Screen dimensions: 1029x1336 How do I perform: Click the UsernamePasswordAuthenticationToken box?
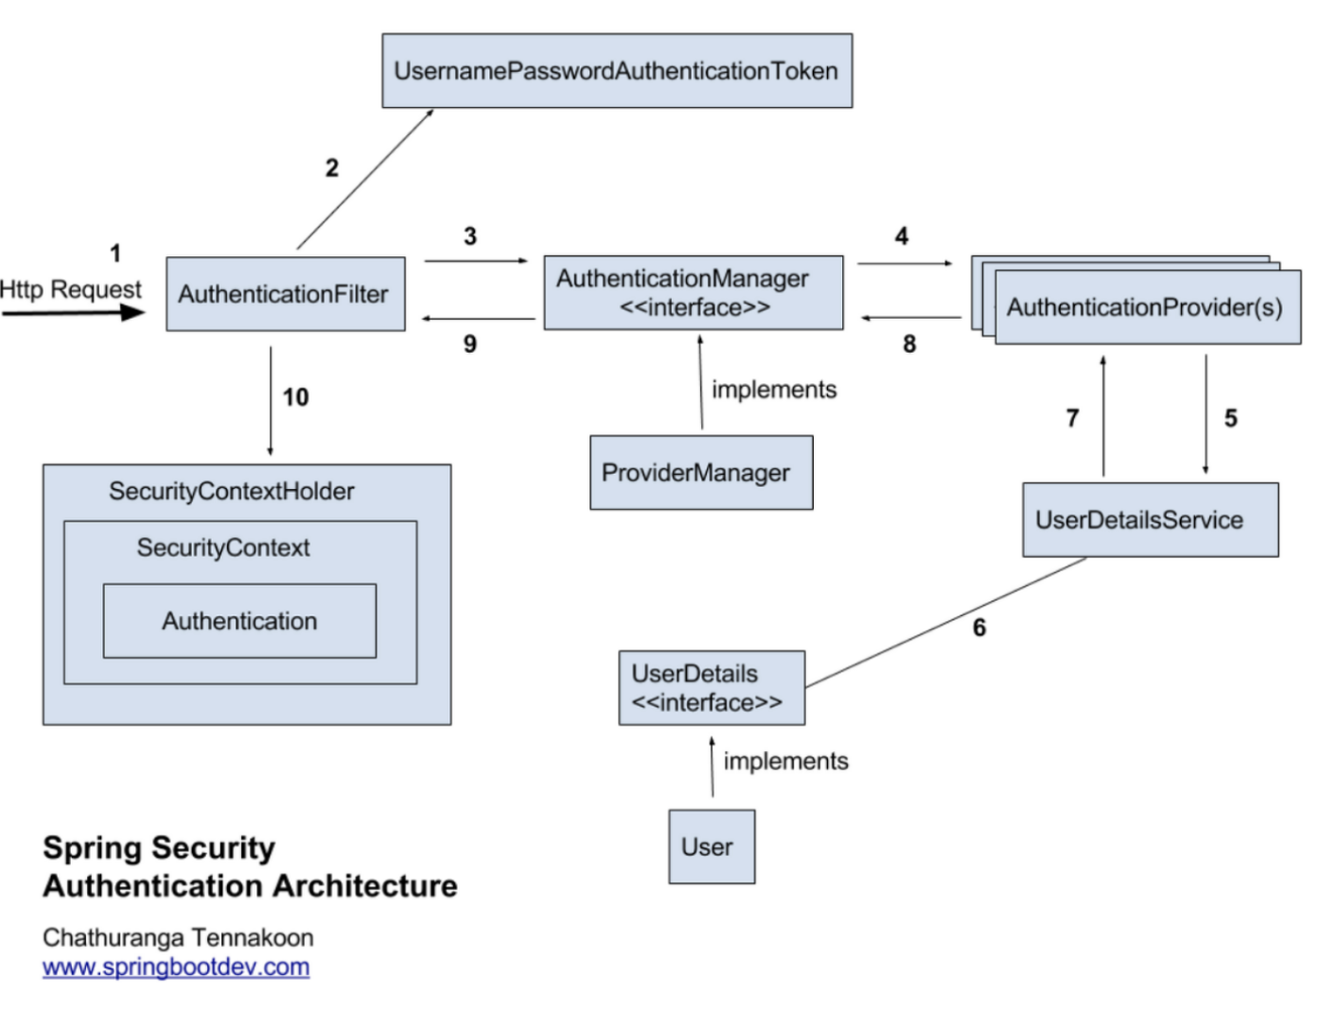[x=617, y=71]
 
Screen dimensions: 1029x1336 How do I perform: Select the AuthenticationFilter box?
[x=285, y=294]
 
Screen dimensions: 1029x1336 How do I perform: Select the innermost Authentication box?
[x=239, y=621]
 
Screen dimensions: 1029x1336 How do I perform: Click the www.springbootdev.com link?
[x=176, y=968]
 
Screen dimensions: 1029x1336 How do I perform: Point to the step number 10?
[x=295, y=397]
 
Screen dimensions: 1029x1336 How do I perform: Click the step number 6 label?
[x=979, y=628]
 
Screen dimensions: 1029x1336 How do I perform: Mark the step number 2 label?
[x=331, y=168]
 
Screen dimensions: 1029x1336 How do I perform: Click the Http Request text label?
[x=71, y=289]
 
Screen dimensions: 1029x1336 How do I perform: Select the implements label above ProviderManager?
[x=774, y=390]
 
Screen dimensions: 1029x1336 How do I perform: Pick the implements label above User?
[x=785, y=761]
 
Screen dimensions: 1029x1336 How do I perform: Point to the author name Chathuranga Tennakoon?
[x=178, y=938]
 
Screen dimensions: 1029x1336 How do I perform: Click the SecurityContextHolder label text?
[x=232, y=492]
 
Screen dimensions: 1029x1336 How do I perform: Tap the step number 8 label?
[x=909, y=344]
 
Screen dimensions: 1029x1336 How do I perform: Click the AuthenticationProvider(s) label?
[x=1145, y=307]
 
